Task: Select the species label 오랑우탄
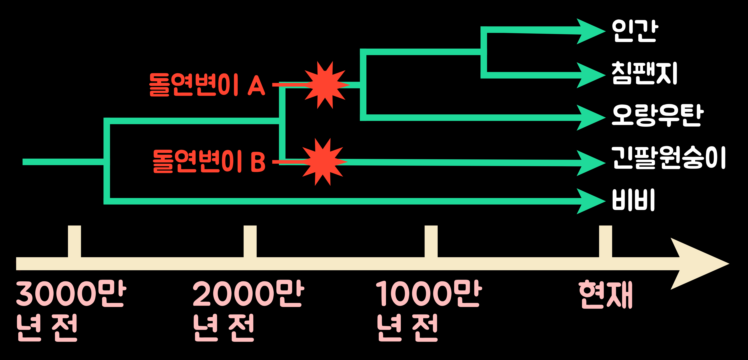pyautogui.click(x=657, y=115)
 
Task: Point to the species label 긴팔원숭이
pyautogui.click(x=668, y=158)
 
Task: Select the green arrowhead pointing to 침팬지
pyautogui.click(x=589, y=75)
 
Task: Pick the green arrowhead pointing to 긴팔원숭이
pyautogui.click(x=589, y=163)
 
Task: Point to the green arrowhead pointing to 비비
pyautogui.click(x=589, y=201)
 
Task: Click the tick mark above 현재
pyautogui.click(x=605, y=241)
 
